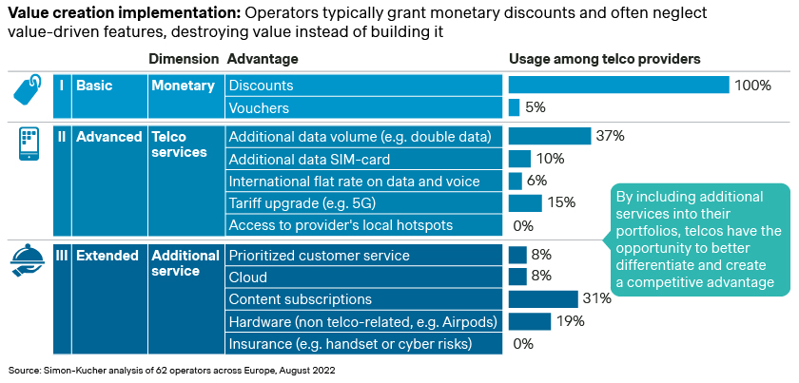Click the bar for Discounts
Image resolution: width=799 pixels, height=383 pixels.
(618, 86)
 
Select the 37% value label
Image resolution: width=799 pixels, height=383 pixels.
(610, 136)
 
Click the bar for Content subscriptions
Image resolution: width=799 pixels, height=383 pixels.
(543, 299)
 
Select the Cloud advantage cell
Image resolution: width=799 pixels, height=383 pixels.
(248, 278)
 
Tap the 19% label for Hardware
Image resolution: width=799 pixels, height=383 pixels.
(570, 321)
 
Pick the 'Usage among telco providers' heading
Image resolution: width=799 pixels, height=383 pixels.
(604, 59)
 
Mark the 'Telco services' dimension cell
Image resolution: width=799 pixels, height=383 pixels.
(180, 144)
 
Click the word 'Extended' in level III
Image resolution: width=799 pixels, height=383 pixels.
(107, 256)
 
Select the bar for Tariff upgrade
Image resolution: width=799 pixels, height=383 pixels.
(525, 203)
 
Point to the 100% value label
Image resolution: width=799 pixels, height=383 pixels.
(751, 86)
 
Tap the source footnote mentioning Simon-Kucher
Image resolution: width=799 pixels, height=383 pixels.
(171, 369)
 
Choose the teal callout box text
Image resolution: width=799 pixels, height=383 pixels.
(699, 239)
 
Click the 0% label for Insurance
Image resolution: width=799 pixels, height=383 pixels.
(523, 344)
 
